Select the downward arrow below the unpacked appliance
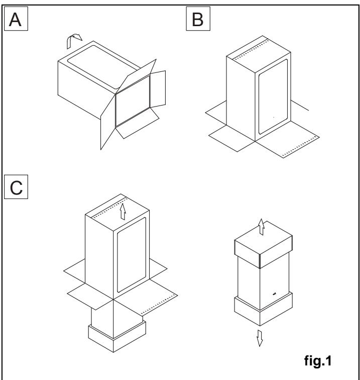(261, 339)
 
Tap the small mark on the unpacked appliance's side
(274, 293)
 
